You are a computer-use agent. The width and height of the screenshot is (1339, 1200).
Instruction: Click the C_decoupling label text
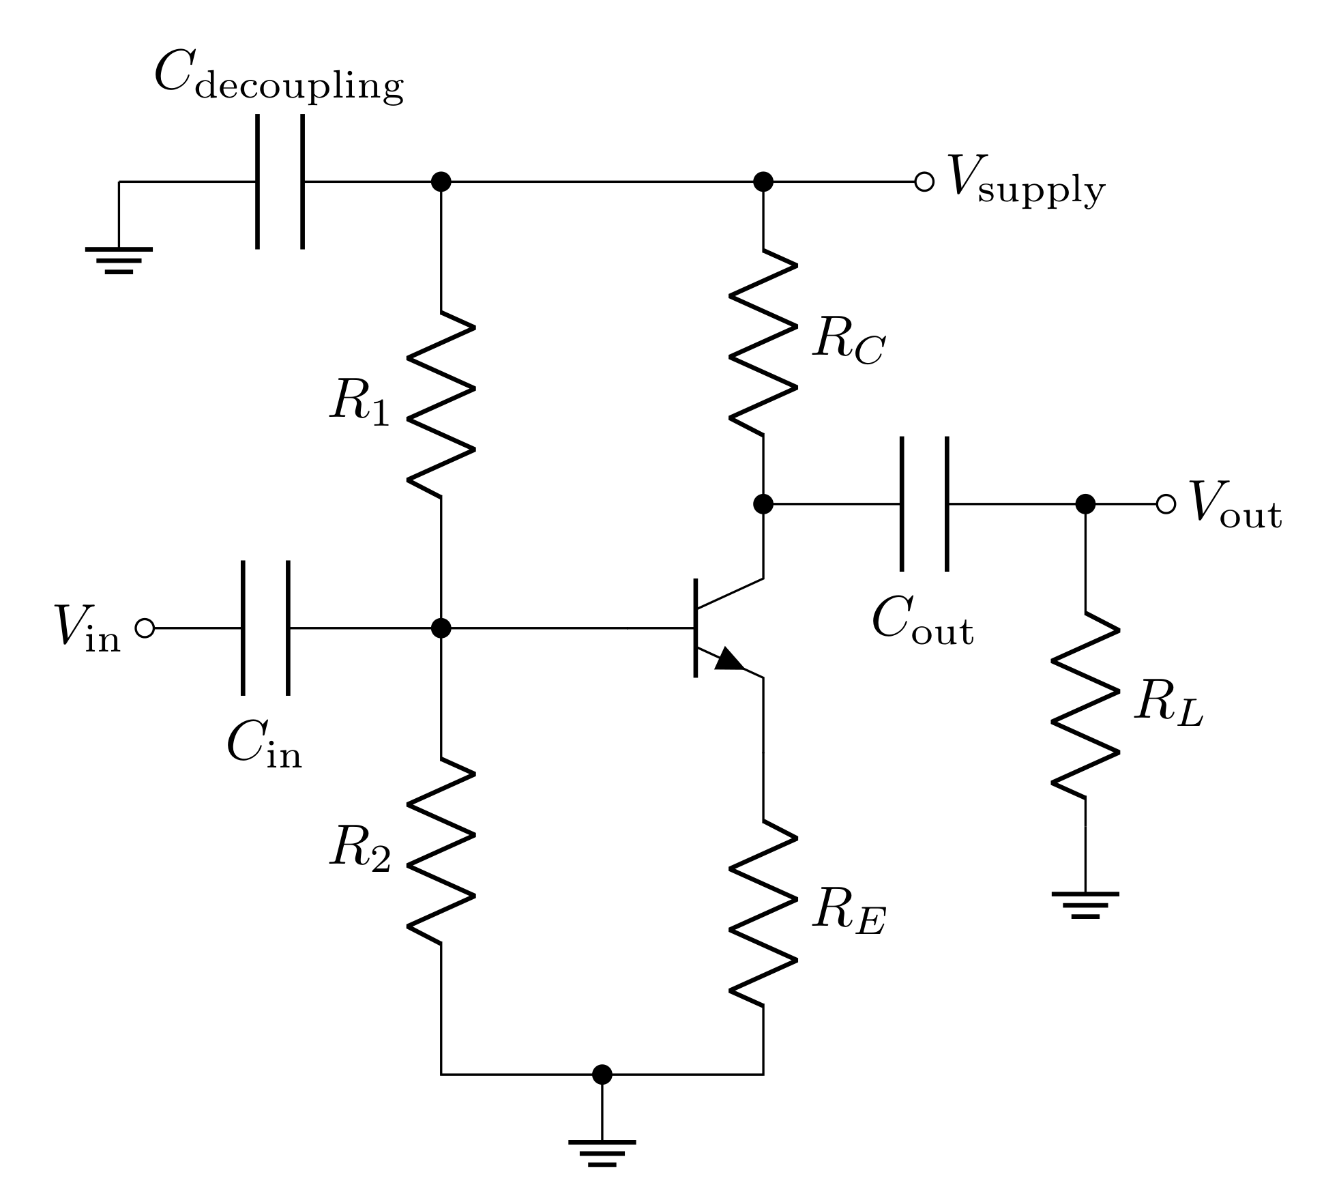click(278, 78)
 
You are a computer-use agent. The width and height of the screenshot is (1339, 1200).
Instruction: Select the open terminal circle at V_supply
click(924, 182)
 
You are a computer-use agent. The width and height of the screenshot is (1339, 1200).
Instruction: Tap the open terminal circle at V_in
click(145, 628)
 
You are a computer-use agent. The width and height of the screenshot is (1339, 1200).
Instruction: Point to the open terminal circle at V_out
click(1166, 504)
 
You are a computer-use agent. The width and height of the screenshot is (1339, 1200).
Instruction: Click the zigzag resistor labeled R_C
click(763, 342)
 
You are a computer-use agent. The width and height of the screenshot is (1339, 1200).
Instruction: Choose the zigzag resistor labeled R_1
click(441, 404)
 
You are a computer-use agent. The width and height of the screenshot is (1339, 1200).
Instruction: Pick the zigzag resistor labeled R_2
click(441, 850)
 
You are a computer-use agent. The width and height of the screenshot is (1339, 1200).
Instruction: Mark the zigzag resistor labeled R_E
click(763, 912)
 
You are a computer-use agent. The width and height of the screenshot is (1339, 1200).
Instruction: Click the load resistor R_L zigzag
click(1085, 705)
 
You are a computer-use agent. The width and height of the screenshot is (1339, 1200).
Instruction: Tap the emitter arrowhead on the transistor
click(729, 660)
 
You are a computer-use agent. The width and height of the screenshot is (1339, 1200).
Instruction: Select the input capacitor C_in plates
click(265, 628)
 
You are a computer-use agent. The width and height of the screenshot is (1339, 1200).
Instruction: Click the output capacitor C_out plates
click(924, 504)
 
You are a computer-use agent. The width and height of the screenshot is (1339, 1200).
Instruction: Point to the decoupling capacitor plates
click(280, 182)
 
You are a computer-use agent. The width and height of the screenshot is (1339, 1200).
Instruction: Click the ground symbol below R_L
click(1085, 905)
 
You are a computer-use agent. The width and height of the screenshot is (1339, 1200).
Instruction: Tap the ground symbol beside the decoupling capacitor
click(119, 260)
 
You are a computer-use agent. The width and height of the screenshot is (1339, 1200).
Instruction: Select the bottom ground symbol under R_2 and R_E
click(602, 1153)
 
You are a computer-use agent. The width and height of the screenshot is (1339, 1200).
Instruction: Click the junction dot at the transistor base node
click(441, 628)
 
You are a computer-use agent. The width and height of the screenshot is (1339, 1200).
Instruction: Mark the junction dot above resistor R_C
click(763, 182)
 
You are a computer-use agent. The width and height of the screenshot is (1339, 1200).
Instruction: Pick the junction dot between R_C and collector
click(763, 504)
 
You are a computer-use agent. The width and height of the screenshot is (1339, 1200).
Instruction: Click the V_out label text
click(1235, 506)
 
